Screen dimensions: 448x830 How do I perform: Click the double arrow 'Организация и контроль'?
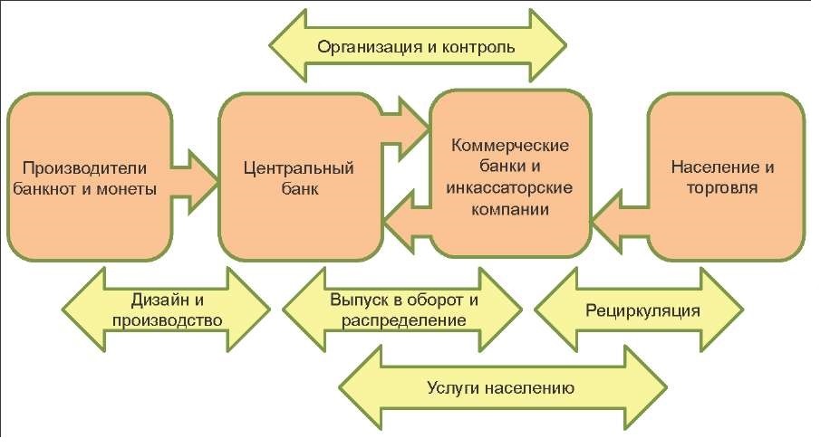[417, 46]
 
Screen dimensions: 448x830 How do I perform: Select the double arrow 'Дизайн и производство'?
[163, 308]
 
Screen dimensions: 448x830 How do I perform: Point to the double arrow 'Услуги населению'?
[499, 386]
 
